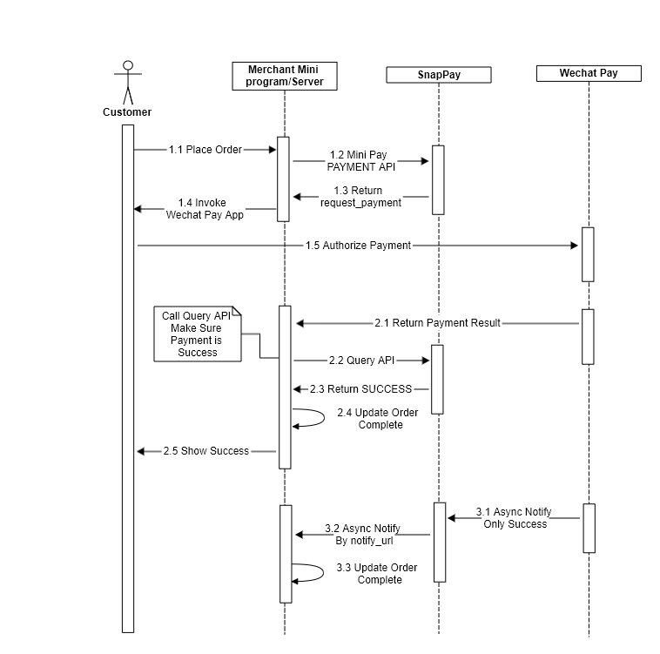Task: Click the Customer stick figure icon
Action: pos(128,83)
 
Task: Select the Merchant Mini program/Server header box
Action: pos(285,76)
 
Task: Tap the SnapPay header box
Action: pos(439,75)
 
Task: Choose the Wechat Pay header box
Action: pos(589,73)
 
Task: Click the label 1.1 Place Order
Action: pos(205,150)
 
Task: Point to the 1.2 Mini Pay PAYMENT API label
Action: pos(361,161)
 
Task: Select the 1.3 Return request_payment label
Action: pos(360,197)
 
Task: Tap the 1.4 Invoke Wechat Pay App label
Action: pos(205,209)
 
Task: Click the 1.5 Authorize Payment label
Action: pos(358,246)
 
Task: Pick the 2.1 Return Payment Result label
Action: pos(437,323)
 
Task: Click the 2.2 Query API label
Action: pos(361,361)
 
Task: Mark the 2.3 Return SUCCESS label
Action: pos(360,389)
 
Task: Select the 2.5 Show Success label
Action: pos(206,451)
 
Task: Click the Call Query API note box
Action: pos(198,334)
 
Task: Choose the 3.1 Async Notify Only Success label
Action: pos(515,518)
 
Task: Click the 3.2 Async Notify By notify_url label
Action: pos(363,535)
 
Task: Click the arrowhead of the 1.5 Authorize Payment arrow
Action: pos(574,246)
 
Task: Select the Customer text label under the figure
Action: pos(127,112)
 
